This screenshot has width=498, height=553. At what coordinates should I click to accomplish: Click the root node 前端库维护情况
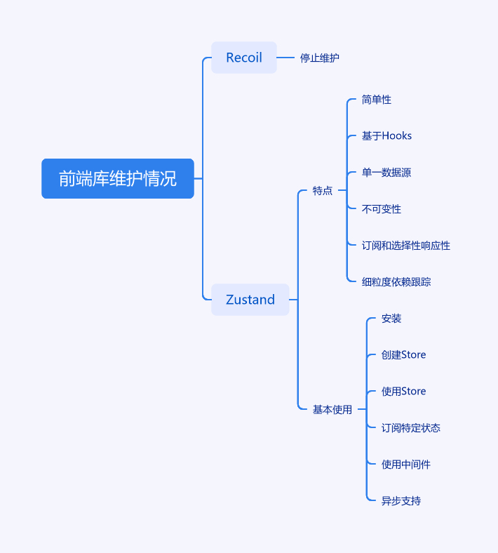(118, 179)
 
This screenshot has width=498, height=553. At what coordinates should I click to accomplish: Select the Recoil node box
(244, 58)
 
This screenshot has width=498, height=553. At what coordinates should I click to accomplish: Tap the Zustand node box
(250, 300)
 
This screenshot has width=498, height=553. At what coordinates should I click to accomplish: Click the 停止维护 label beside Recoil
(320, 58)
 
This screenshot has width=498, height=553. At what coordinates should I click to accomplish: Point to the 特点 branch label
(323, 190)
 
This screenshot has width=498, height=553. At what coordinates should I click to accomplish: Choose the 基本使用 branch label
(332, 409)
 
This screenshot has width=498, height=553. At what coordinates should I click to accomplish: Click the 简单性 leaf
(377, 100)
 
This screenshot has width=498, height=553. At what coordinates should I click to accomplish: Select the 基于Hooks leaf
(386, 136)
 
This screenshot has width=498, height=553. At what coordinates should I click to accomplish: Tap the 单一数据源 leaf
(386, 173)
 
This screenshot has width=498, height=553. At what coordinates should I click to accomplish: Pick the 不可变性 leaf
(382, 209)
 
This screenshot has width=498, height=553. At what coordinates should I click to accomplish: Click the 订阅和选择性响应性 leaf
(406, 246)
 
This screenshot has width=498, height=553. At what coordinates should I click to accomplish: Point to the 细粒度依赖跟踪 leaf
(396, 282)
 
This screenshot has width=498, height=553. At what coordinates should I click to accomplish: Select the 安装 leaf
(391, 319)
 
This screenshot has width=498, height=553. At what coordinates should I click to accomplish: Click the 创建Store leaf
(403, 355)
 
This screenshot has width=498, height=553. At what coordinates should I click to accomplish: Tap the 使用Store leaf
(403, 392)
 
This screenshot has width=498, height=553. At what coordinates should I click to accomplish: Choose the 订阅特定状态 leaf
(411, 428)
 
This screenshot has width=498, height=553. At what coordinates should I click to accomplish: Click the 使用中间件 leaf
(406, 465)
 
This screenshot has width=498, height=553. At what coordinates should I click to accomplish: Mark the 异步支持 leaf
(401, 501)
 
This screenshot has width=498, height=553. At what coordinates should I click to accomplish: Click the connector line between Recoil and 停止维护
(285, 58)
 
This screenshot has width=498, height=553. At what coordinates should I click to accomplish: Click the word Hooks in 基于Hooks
(397, 136)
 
